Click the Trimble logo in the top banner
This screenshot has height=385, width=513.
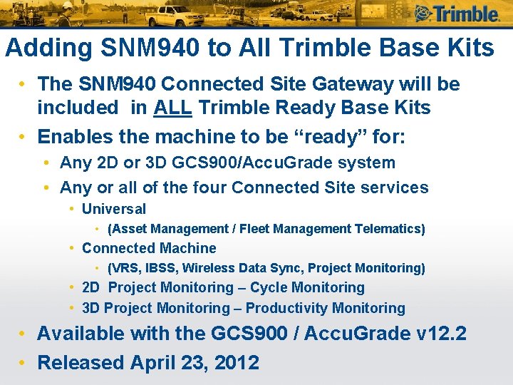[456, 14]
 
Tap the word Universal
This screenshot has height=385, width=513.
[114, 209]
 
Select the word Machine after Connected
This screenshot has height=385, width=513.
[188, 248]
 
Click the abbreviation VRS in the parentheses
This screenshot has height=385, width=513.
[125, 268]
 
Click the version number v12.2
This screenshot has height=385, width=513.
[440, 333]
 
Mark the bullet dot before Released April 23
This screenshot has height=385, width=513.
[24, 362]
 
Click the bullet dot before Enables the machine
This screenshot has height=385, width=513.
[24, 136]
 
